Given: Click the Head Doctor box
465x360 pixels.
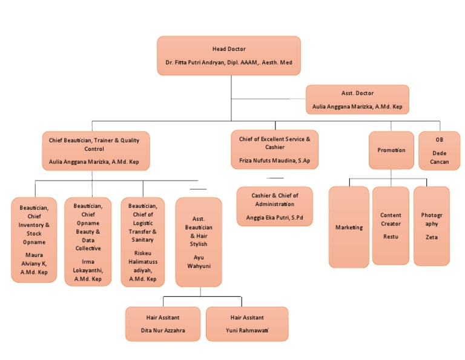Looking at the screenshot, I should [x=229, y=55].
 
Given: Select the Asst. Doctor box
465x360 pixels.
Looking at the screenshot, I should [x=357, y=99].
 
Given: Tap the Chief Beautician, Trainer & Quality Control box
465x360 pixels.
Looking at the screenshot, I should [x=94, y=151].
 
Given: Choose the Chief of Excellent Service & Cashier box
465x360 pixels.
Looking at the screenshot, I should [x=274, y=149].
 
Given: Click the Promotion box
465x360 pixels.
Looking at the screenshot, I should [x=391, y=150].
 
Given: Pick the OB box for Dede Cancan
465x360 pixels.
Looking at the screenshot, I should [x=439, y=150].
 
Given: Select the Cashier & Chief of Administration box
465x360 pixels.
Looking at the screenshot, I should [x=274, y=206].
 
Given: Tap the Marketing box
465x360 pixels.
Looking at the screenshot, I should [x=349, y=227].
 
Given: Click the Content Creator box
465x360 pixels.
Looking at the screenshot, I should [x=391, y=225].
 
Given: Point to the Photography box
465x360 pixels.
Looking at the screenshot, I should [x=431, y=225].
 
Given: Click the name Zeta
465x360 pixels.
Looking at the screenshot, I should [x=431, y=237].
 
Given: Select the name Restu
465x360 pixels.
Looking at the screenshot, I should [x=391, y=236].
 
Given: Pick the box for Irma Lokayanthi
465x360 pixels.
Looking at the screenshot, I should [x=88, y=241].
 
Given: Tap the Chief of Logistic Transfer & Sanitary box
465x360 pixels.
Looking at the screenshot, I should [x=142, y=241].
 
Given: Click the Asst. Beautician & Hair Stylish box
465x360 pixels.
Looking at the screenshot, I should [x=198, y=241].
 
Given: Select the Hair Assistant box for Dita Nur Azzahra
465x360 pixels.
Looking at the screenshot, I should [x=163, y=324].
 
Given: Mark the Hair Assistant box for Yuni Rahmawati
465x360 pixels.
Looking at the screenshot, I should [x=247, y=324].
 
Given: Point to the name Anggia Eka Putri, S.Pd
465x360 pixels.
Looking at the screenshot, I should [x=274, y=216].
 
